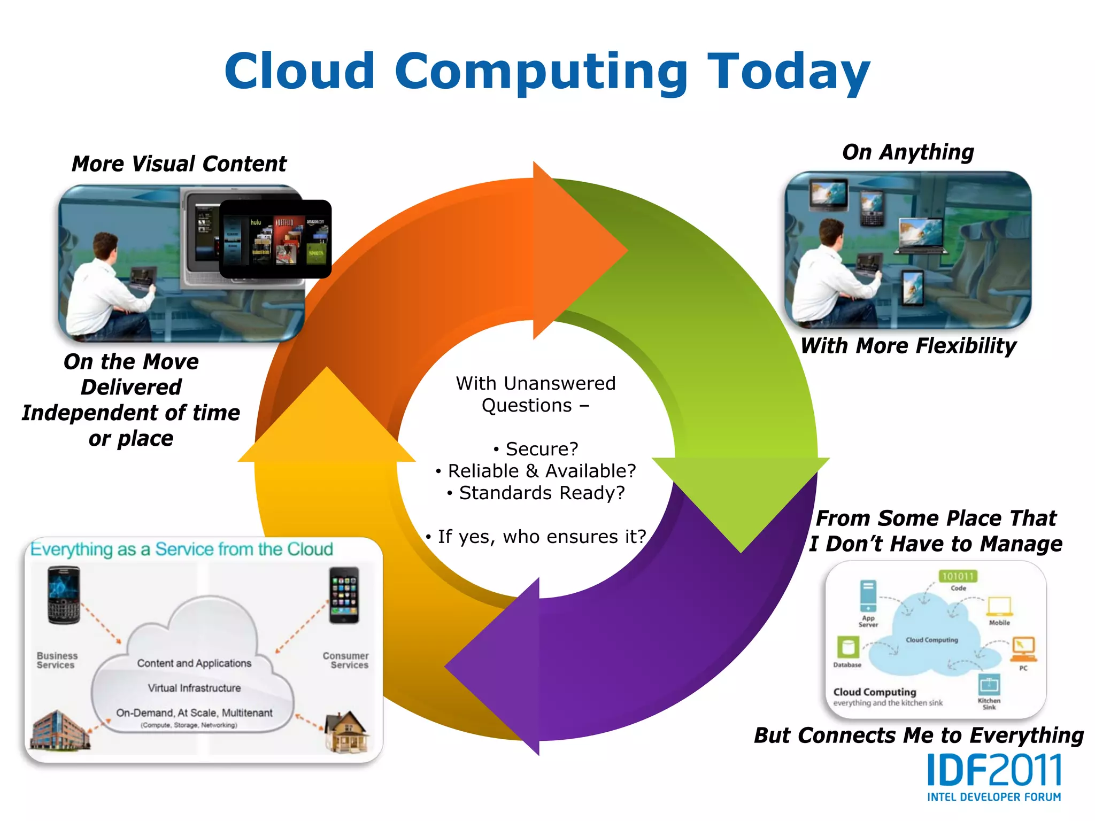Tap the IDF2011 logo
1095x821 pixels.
pyautogui.click(x=994, y=777)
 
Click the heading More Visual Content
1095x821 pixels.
pyautogui.click(x=179, y=164)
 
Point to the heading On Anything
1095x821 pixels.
pyautogui.click(x=908, y=152)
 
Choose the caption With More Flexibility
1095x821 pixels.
pyautogui.click(x=908, y=346)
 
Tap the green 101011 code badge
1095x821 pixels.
pyautogui.click(x=958, y=576)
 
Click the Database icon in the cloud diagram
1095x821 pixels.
pyautogui.click(x=847, y=647)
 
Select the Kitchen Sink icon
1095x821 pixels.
pyautogui.click(x=989, y=685)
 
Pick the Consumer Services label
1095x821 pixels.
pyautogui.click(x=346, y=660)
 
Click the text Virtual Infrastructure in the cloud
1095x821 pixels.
pyautogui.click(x=194, y=688)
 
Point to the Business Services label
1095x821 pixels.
pyautogui.click(x=57, y=660)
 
